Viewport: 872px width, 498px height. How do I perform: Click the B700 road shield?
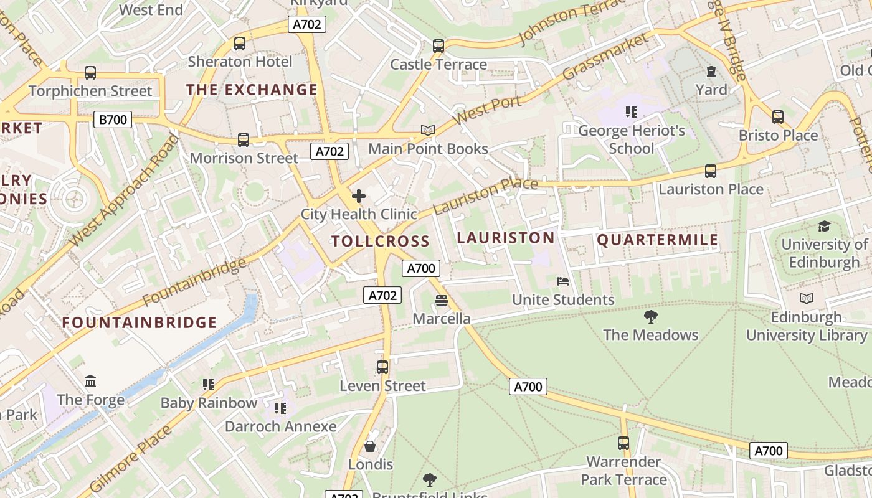(x=113, y=120)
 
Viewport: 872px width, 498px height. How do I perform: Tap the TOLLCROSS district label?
(x=380, y=242)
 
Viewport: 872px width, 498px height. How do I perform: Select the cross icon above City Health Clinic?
(x=359, y=197)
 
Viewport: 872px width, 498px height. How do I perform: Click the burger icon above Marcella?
(x=442, y=301)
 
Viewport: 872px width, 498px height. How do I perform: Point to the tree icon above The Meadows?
(x=650, y=317)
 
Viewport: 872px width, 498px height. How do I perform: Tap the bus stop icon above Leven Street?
(x=382, y=367)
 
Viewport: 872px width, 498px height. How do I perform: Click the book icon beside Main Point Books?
(x=427, y=130)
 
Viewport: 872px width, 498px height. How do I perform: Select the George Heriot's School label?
(x=632, y=139)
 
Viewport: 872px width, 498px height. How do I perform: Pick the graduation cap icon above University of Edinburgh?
(x=824, y=226)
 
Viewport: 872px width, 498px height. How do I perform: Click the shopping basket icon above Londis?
(x=370, y=446)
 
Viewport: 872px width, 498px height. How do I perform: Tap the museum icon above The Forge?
(x=90, y=381)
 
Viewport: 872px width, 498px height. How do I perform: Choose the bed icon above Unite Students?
(x=563, y=281)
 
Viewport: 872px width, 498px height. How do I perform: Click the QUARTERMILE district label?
(x=658, y=240)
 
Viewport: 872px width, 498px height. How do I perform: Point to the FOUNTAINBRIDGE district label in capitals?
(x=140, y=322)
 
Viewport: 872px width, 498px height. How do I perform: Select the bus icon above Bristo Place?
(x=777, y=117)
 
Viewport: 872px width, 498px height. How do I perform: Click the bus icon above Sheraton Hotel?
(x=240, y=44)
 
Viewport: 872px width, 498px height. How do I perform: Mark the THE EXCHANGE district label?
(x=252, y=90)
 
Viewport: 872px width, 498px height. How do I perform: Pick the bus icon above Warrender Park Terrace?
(x=623, y=443)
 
